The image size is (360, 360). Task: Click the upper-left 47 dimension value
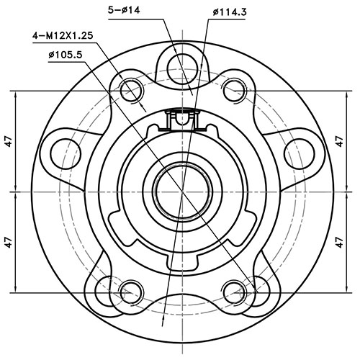tap(8, 142)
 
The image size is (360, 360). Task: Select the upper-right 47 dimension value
tap(340, 142)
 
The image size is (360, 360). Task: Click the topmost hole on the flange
tap(179, 60)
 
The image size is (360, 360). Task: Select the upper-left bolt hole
tap(131, 90)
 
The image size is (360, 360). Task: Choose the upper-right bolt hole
tap(232, 90)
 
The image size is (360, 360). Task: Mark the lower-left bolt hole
tap(131, 292)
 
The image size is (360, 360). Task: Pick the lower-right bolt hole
tap(232, 292)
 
